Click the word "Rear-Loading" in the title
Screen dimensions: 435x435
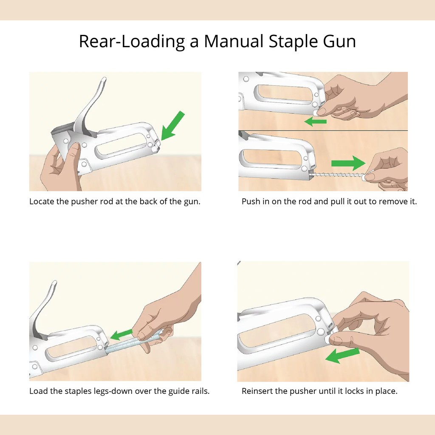click(132, 42)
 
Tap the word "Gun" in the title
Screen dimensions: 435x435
click(339, 42)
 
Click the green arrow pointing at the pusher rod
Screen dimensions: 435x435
click(172, 126)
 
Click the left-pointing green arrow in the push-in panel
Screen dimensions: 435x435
click(316, 121)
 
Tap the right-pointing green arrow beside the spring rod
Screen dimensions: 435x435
click(348, 163)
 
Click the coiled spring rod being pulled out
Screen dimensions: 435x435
click(336, 175)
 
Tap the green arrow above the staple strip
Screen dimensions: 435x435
click(121, 334)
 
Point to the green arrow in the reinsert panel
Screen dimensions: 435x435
click(342, 356)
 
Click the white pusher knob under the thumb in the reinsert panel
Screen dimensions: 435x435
click(328, 339)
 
